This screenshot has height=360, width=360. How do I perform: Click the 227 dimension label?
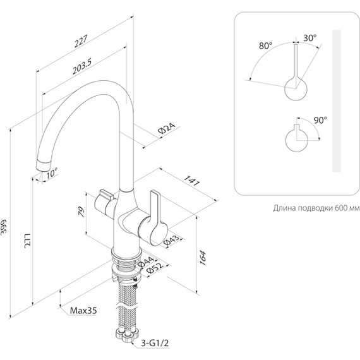tap(81, 41)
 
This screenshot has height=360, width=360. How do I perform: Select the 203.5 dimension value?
tap(82, 66)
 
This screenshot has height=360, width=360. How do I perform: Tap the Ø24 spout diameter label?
tap(167, 129)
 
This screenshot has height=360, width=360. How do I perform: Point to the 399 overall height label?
tap(4, 227)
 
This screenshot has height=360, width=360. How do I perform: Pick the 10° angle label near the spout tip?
tap(52, 173)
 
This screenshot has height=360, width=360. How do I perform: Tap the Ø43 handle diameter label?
tap(172, 239)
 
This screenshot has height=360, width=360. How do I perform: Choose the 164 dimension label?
tap(203, 258)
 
